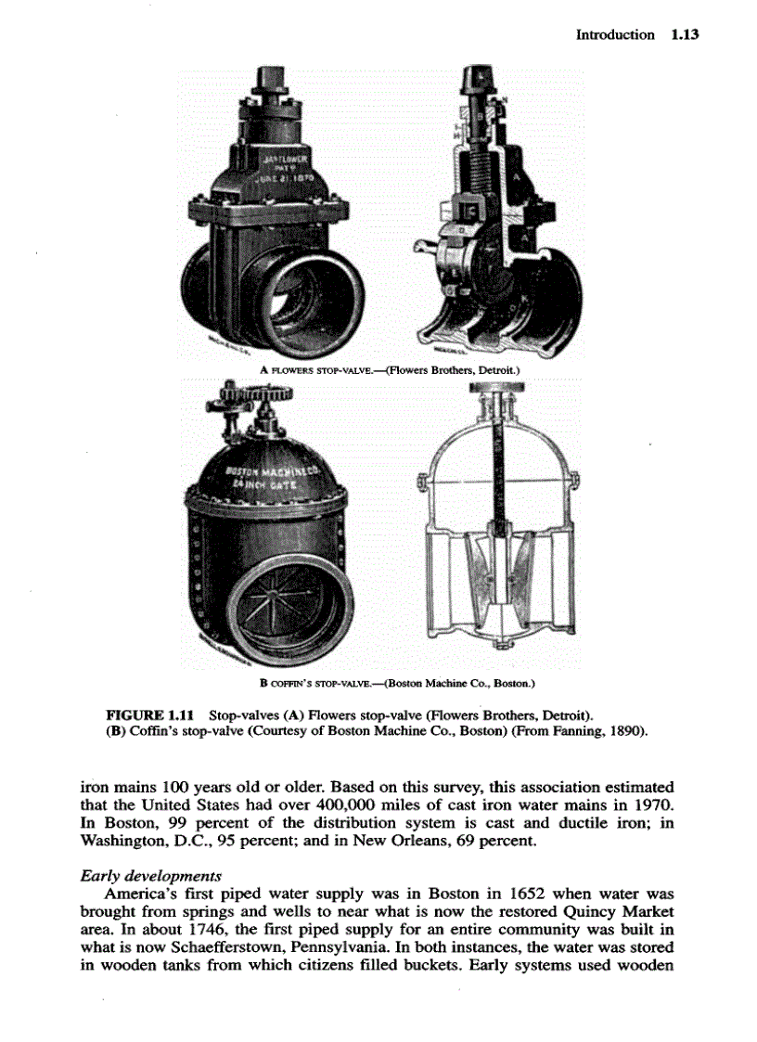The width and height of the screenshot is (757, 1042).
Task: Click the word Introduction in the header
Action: (614, 34)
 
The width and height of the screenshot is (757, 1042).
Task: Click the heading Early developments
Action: (150, 876)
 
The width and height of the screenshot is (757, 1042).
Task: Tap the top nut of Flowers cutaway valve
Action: (482, 73)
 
